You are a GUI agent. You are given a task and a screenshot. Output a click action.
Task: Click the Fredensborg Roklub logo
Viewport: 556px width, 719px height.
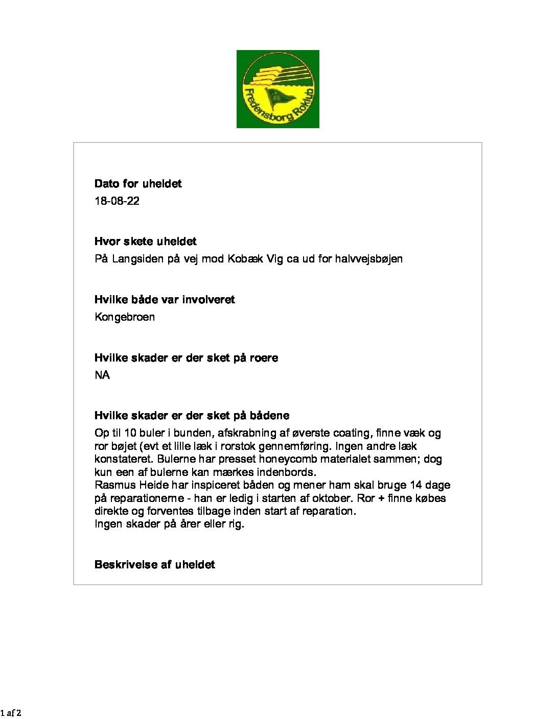pyautogui.click(x=277, y=89)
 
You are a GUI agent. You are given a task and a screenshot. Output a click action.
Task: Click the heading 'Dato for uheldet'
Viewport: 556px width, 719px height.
pyautogui.click(x=138, y=184)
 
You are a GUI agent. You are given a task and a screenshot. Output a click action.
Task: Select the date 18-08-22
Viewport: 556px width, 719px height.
pyautogui.click(x=117, y=201)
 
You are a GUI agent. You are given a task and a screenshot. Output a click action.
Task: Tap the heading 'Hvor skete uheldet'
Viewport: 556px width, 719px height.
pyautogui.click(x=145, y=242)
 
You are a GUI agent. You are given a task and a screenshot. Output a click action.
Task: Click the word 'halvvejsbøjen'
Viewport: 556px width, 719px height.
pyautogui.click(x=368, y=259)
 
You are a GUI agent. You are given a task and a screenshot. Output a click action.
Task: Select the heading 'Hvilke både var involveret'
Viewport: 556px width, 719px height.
pyautogui.click(x=165, y=300)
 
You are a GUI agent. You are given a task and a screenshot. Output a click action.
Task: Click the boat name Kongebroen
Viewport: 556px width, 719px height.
pyautogui.click(x=125, y=317)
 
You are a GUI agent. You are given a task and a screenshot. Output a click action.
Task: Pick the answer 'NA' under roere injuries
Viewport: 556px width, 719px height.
pyautogui.click(x=102, y=375)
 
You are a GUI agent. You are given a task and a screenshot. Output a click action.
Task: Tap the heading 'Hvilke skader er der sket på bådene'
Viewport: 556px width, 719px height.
pyautogui.click(x=192, y=416)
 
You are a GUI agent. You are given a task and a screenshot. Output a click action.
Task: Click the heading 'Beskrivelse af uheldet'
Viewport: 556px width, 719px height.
pyautogui.click(x=154, y=565)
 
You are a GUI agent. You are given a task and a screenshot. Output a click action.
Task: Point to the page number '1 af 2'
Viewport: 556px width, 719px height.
pyautogui.click(x=11, y=713)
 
